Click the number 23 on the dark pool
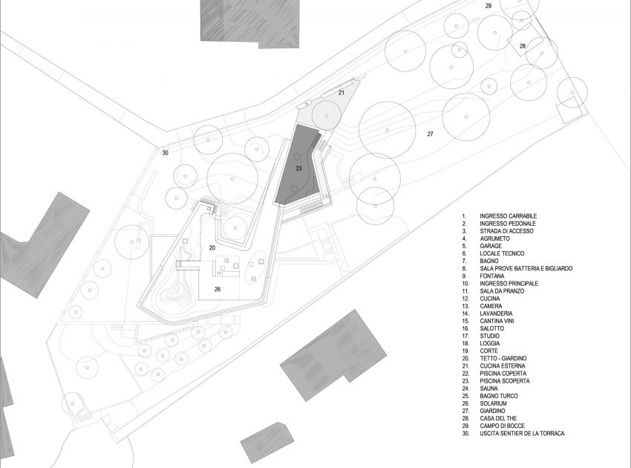pos(298,169)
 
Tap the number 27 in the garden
pos(429,134)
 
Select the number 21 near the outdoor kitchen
pos(341,93)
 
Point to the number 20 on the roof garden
pos(212,247)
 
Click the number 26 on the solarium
pos(218,289)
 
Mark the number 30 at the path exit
pos(165,154)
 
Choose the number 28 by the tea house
pos(523,46)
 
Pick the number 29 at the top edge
pos(488,6)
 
